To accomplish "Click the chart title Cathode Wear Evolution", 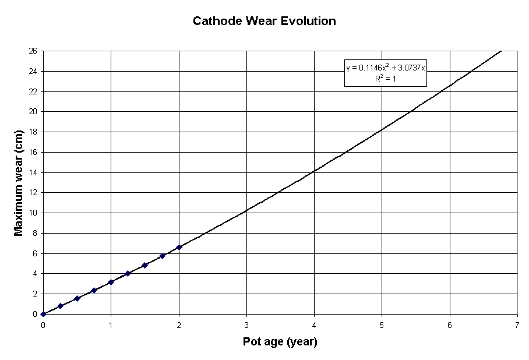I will point(264,22).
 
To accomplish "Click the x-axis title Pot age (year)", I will point(280,342).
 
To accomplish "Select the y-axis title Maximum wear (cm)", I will point(19,182).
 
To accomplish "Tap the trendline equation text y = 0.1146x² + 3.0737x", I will point(386,68).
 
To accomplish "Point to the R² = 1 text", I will point(386,79).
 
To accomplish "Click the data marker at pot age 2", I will point(179,247).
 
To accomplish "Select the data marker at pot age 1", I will point(111,282).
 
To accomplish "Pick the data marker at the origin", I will point(43,314).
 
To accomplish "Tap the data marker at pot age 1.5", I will point(144,265).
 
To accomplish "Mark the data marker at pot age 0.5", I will point(77,298).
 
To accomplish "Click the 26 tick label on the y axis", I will point(33,51).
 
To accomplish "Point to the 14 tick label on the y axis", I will point(33,172).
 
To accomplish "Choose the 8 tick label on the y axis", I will point(35,233).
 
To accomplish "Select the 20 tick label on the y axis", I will point(33,111).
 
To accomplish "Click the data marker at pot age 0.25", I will point(60,306).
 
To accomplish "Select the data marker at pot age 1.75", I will point(162,256).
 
